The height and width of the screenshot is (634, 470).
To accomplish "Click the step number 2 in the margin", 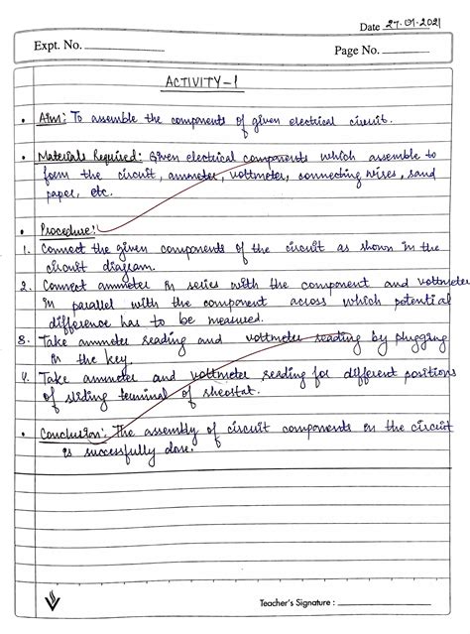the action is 21,284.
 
